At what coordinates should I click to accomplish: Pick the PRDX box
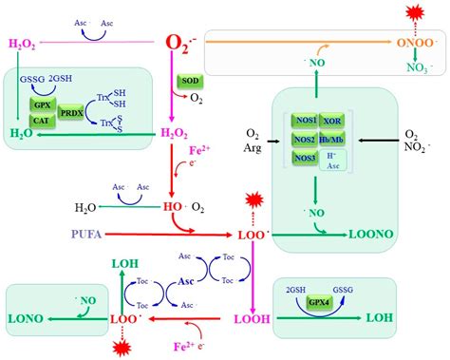coord(72,112)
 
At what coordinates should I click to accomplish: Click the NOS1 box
coord(305,122)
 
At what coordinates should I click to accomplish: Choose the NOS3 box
coord(305,159)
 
